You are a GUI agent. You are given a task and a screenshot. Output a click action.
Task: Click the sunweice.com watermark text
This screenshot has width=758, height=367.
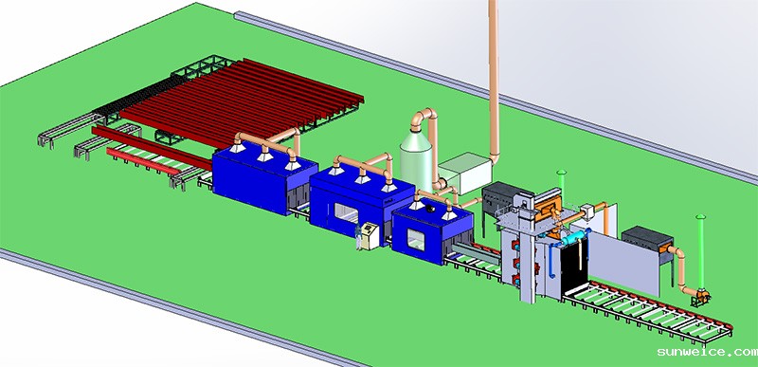coord(707,352)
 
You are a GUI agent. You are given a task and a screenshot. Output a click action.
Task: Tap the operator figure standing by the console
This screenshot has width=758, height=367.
coord(358,237)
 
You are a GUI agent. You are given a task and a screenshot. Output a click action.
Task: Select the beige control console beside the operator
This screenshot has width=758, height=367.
coord(370,236)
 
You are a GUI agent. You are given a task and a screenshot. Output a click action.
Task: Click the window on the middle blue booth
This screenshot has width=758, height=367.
coord(346,212)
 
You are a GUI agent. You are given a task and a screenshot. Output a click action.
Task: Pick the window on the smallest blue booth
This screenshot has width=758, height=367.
coord(416,240)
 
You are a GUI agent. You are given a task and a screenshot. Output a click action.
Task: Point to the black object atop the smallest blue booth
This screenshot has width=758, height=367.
coord(431,209)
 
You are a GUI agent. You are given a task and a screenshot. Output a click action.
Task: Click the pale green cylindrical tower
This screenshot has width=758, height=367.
coord(416,160)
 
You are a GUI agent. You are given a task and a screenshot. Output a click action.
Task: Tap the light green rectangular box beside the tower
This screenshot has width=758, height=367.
coord(464,174)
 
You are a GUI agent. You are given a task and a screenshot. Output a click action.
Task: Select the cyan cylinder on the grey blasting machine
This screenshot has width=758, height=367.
coord(574,238)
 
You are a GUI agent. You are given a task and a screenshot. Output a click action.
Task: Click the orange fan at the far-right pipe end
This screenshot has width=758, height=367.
coord(701,296)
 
